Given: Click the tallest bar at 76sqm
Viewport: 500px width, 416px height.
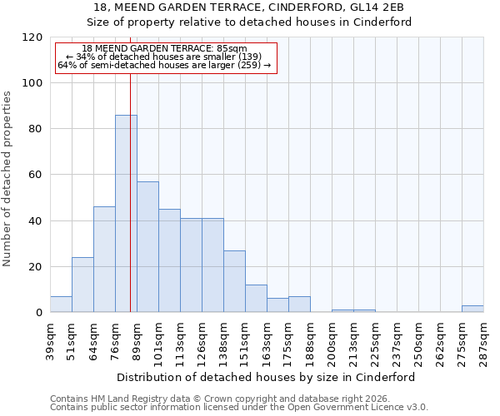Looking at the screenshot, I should pyautogui.click(x=126, y=214).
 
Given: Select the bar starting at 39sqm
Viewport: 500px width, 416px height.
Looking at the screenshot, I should pyautogui.click(x=61, y=305).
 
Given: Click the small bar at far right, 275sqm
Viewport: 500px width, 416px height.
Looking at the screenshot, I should pyautogui.click(x=472, y=309).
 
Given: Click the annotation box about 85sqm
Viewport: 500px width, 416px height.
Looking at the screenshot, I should pyautogui.click(x=165, y=57).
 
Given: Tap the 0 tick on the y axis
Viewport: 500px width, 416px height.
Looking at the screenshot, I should pyautogui.click(x=39, y=313).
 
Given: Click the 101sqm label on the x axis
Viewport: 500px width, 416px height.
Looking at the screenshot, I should pyautogui.click(x=158, y=339).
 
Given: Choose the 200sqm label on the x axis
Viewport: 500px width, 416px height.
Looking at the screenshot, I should pyautogui.click(x=332, y=339).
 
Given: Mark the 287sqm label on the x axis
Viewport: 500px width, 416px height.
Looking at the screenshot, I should pyautogui.click(x=483, y=339).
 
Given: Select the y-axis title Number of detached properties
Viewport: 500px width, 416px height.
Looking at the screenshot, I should pyautogui.click(x=7, y=180).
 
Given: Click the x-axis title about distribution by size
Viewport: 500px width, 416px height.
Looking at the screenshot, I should pyautogui.click(x=266, y=377).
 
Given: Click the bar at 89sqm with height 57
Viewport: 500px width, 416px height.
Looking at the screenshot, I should pyautogui.click(x=147, y=247).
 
